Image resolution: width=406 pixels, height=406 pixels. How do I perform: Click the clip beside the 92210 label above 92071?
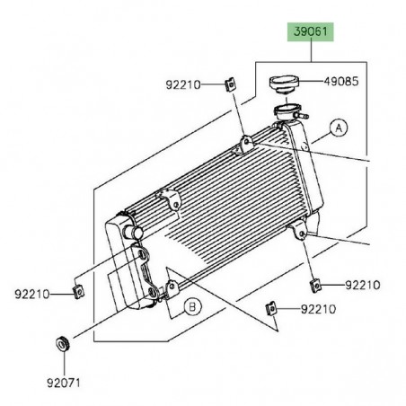pos(79,290)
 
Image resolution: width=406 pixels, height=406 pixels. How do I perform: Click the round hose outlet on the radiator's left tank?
pos(137,232)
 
